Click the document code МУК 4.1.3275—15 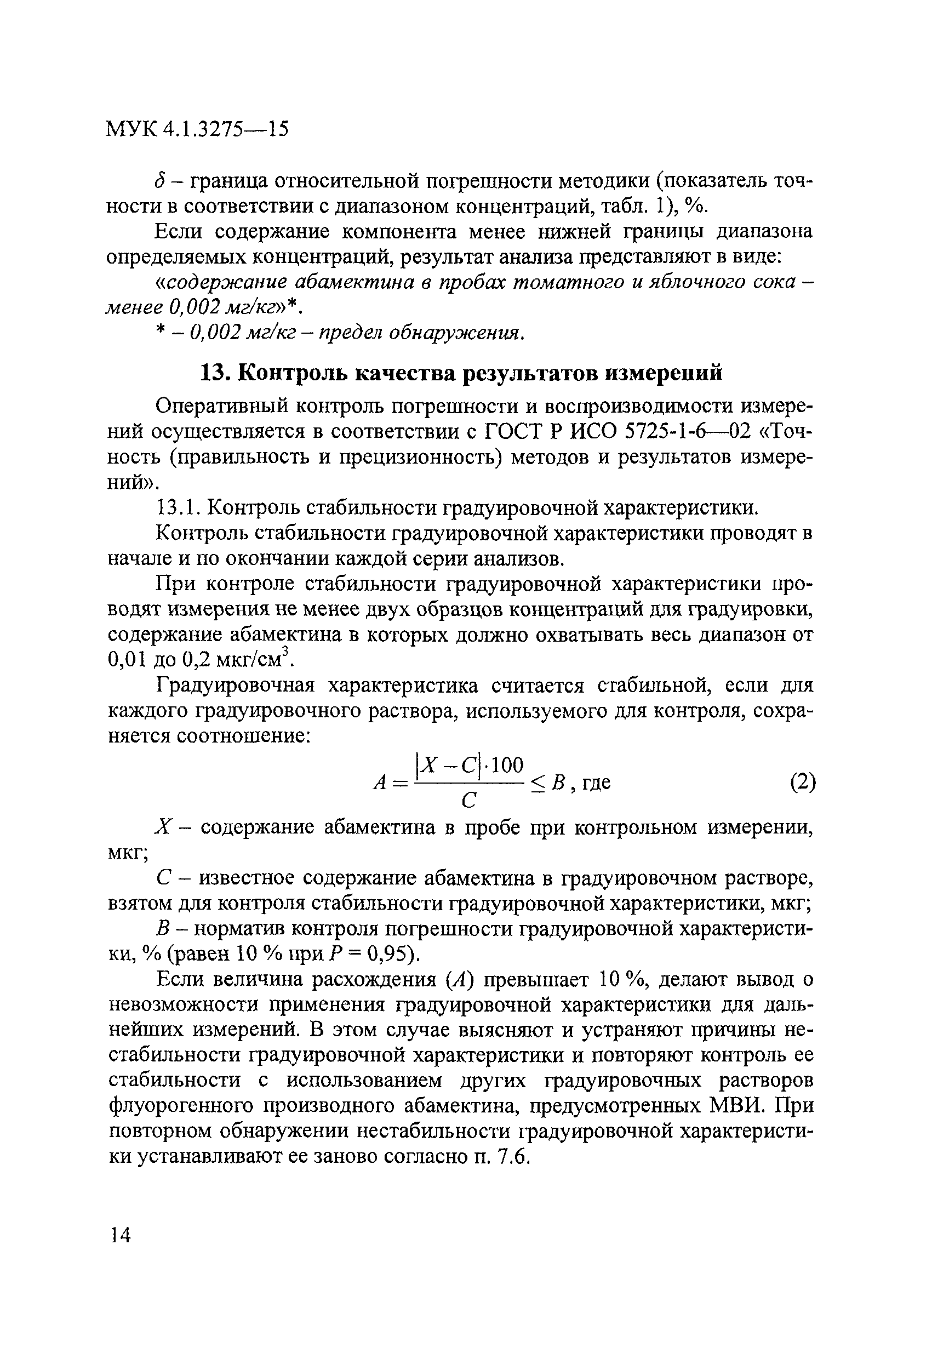(x=198, y=129)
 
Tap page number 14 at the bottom (x=121, y=1235)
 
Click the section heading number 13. (x=214, y=373)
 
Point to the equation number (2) (x=803, y=782)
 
